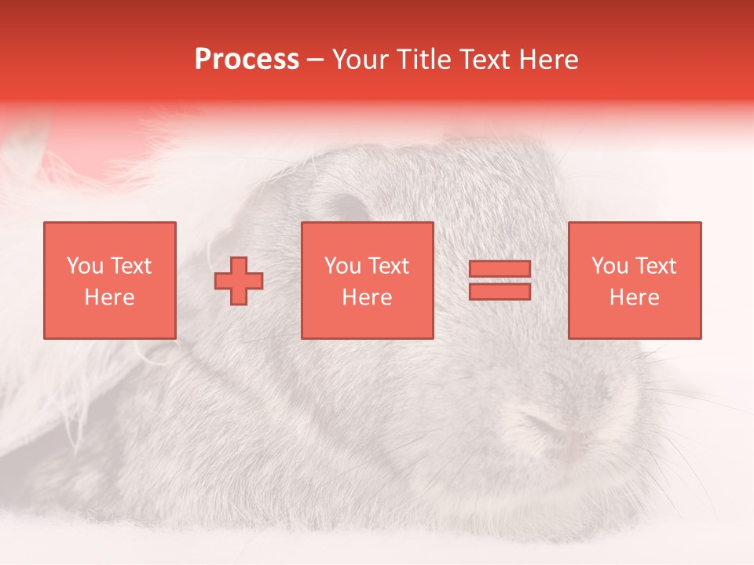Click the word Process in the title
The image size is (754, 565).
coord(247,60)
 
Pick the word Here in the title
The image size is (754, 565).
coord(550,60)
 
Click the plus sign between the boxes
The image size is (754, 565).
coord(239,281)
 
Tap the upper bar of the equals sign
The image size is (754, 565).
coord(500,269)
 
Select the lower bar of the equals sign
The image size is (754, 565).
coord(500,291)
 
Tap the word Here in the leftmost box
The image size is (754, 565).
coord(109,297)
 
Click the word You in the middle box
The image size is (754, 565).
coord(342,266)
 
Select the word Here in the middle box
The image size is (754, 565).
coord(367,297)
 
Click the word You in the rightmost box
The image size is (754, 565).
coord(609,266)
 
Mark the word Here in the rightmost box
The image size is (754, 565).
coord(634,297)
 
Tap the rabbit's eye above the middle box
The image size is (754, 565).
coord(346,208)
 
